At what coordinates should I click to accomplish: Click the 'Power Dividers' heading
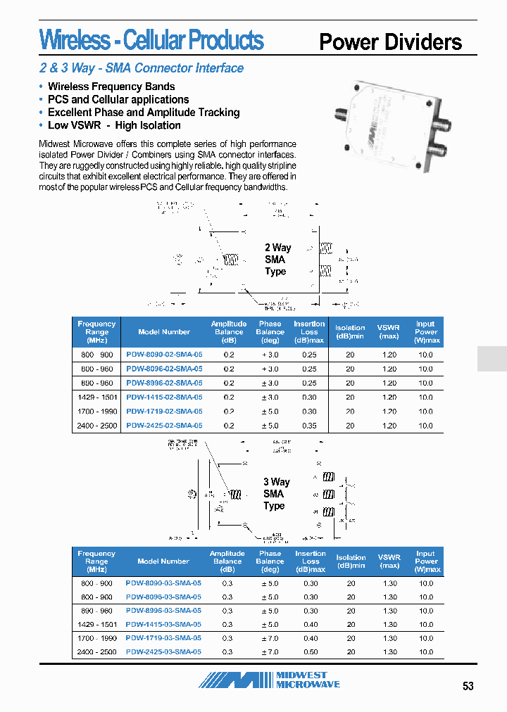click(390, 42)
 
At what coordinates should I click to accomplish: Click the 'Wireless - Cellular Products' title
click(151, 40)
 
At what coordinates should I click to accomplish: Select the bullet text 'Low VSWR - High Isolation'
click(114, 125)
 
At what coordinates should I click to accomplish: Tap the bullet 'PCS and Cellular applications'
click(118, 100)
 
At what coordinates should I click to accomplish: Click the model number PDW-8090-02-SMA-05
click(164, 355)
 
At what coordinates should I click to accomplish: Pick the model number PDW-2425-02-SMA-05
click(164, 426)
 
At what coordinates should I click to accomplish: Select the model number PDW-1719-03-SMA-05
click(163, 638)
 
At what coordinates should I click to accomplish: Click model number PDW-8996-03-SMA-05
click(163, 611)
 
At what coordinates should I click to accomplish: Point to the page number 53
click(468, 687)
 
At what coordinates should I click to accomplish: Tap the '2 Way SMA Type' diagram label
click(277, 260)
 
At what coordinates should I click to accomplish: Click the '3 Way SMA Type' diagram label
click(276, 494)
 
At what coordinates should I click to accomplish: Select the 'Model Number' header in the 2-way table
click(164, 332)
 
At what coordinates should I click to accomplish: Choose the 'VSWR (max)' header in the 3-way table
click(389, 561)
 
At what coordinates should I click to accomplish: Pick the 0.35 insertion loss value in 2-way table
click(309, 426)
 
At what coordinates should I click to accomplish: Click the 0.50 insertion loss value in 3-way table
click(310, 652)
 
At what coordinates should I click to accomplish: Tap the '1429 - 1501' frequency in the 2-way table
click(96, 398)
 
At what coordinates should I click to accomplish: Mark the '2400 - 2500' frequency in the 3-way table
click(96, 652)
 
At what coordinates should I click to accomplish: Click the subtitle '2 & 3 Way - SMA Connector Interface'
click(142, 68)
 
